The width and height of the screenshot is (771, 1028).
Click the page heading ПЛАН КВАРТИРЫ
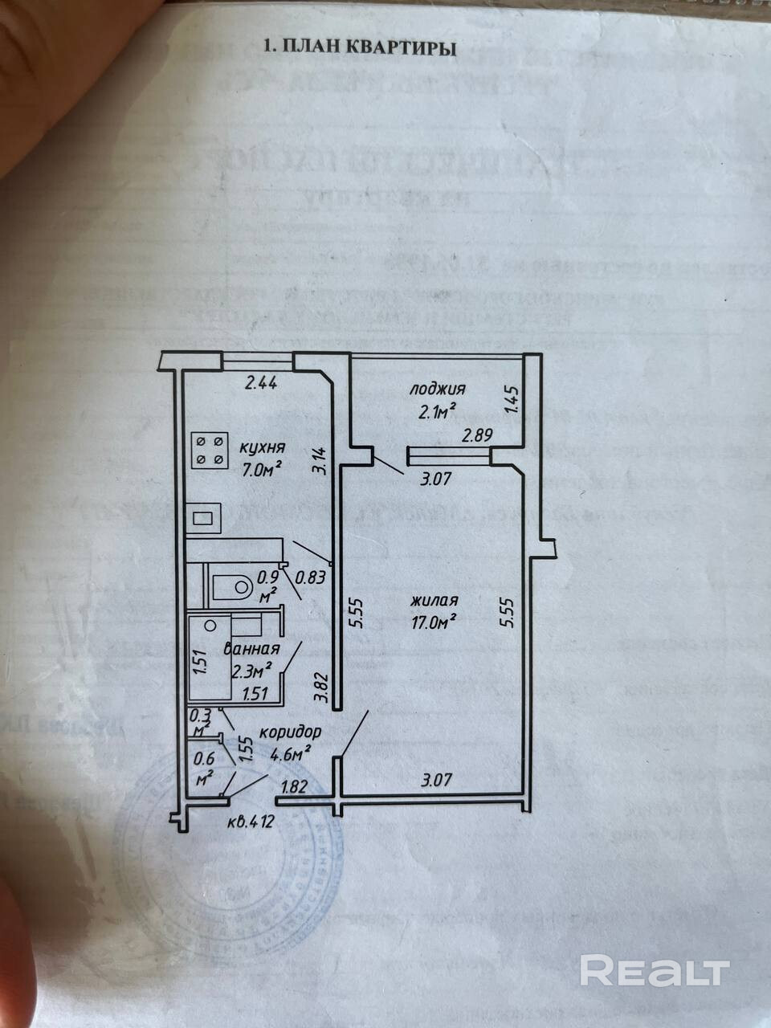[x=361, y=47]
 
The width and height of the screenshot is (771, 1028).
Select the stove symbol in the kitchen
[x=208, y=450]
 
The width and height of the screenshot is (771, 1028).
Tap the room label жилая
[x=434, y=601]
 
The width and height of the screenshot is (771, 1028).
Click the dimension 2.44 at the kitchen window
[x=260, y=384]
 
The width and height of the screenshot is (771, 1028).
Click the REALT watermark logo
[x=654, y=971]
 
